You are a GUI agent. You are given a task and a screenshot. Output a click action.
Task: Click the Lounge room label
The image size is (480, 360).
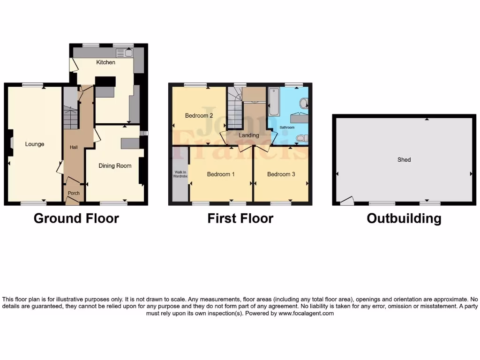click(35, 144)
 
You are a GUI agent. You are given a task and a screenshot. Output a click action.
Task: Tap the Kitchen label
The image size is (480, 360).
click(105, 62)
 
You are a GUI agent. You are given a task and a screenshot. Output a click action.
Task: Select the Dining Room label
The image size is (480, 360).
click(115, 165)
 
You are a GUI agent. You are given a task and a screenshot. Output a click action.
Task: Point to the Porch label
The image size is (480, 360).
click(74, 193)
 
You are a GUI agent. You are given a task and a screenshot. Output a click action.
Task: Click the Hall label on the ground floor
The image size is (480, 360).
click(74, 147)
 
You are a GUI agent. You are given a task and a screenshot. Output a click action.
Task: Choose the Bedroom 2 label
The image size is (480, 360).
click(199, 116)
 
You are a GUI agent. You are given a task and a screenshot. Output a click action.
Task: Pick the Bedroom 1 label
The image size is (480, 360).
click(221, 174)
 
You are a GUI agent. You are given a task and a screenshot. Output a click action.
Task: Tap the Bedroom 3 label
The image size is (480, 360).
click(281, 174)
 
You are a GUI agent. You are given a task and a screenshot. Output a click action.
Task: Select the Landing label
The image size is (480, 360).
click(248, 135)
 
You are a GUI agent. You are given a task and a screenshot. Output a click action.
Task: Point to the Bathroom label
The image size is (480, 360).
click(287, 127)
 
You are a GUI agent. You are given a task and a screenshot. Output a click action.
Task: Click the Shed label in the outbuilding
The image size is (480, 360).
click(404, 160)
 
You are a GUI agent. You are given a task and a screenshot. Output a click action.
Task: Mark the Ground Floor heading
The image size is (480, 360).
click(76, 218)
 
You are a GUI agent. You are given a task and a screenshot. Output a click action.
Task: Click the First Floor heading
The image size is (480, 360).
click(240, 218)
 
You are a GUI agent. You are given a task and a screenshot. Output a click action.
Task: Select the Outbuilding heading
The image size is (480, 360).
click(404, 218)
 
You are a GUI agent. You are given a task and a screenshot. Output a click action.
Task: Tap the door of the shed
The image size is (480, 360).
click(347, 201)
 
